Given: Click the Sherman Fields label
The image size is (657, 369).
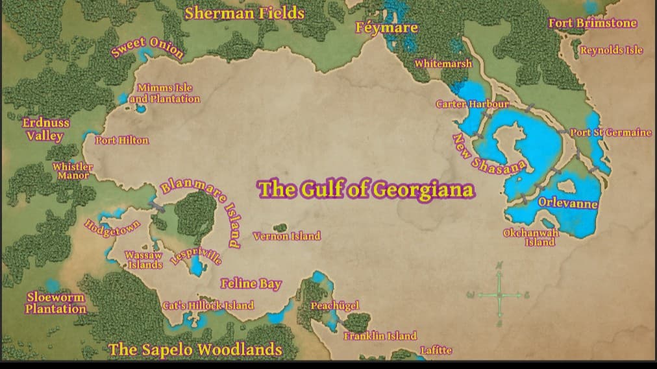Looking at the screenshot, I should (244, 13).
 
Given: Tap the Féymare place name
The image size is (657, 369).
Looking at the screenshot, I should (386, 28).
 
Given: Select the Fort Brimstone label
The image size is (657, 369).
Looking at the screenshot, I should (592, 23).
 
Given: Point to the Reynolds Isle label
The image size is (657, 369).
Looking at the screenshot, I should (611, 50).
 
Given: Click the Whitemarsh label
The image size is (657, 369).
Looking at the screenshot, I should (443, 64).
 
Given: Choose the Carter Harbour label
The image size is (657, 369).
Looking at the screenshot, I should (472, 104).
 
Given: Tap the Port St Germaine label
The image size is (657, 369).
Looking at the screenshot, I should (610, 132).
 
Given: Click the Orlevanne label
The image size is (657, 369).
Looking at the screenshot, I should (567, 203).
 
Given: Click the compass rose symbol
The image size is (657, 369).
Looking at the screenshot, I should (499, 295).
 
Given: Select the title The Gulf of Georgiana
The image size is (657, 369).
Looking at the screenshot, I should (366, 189).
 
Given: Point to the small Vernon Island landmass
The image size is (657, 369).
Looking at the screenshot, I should (280, 228).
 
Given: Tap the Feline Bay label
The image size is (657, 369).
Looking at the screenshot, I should (251, 283).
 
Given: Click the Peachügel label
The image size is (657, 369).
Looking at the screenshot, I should (334, 305).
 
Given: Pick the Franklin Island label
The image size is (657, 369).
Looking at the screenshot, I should (380, 336).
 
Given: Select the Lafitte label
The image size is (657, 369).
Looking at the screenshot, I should (436, 350).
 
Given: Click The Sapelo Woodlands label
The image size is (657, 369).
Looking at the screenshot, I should (195, 350).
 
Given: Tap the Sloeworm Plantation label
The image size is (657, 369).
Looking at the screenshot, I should (56, 303).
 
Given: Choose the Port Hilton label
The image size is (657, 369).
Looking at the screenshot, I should (121, 140).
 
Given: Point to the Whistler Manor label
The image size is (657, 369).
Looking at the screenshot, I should (73, 171).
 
